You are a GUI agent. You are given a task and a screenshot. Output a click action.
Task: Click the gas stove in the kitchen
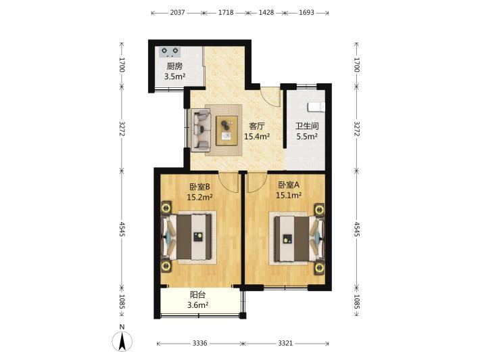pyautogui.click(x=170, y=52)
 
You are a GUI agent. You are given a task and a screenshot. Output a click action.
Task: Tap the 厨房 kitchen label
pyautogui.click(x=174, y=66)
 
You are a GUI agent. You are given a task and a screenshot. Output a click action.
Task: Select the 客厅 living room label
pyautogui.click(x=257, y=126)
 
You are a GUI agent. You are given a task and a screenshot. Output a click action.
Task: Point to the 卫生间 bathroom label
pyautogui.click(x=307, y=126)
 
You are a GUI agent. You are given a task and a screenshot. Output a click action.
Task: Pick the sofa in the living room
pyautogui.click(x=201, y=130)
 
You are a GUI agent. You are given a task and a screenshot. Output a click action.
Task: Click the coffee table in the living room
pyautogui.click(x=227, y=130)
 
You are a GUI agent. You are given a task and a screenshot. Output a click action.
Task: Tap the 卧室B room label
pyautogui.click(x=199, y=186)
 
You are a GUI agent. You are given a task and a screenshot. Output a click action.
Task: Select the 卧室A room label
pyautogui.click(x=289, y=185)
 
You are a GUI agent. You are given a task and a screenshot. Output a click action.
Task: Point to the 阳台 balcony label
pyautogui.click(x=198, y=295)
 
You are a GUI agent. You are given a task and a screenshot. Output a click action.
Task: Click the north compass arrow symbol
pyautogui.click(x=122, y=340)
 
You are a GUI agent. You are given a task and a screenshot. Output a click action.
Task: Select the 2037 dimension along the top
pyautogui.click(x=178, y=13)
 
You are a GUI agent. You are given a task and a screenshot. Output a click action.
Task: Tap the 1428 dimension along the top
pyautogui.click(x=266, y=13)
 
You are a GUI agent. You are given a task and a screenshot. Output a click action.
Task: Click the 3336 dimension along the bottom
pyautogui.click(x=200, y=344)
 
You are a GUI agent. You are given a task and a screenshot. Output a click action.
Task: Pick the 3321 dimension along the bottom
pyautogui.click(x=285, y=344)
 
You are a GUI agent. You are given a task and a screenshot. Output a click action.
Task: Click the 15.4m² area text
pyautogui.click(x=257, y=136)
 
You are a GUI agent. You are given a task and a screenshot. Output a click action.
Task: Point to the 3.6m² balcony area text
pyautogui.click(x=198, y=305)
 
